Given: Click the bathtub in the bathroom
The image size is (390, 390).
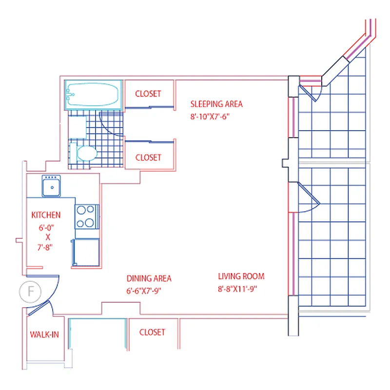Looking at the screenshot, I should click(x=93, y=95).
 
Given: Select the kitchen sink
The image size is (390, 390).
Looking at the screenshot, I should click(x=51, y=186).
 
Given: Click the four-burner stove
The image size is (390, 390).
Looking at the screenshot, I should click(x=85, y=216).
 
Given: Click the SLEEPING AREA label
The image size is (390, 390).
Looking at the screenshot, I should click(x=216, y=104).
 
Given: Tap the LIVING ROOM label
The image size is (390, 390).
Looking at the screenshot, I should click(x=241, y=276).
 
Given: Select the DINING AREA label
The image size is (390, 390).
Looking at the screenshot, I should click(x=149, y=279).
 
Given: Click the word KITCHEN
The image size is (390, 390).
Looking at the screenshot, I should click(x=46, y=215).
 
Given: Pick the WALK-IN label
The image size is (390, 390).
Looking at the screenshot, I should click(x=44, y=334).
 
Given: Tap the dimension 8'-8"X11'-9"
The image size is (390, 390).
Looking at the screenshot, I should click(x=238, y=289).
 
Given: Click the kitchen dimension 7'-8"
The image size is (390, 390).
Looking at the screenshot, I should click(x=45, y=247).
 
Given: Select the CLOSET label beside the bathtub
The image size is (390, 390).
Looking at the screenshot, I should click(x=148, y=94).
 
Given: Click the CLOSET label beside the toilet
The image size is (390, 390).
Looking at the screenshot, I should click(x=148, y=157).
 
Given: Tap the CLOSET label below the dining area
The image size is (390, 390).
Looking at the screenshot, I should click(x=152, y=332).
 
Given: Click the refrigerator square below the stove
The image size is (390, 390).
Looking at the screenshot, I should click(x=86, y=252).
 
